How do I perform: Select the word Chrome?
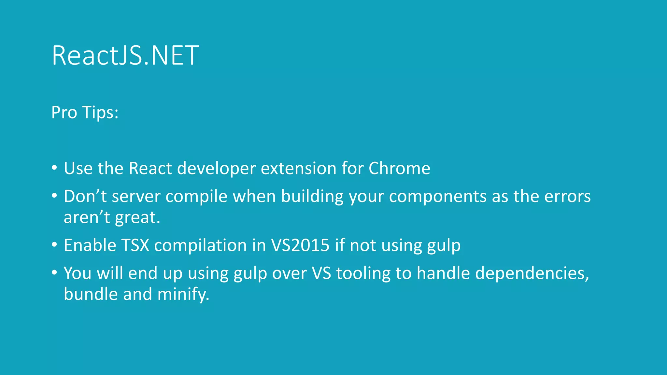click(399, 168)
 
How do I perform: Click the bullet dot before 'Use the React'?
click(54, 168)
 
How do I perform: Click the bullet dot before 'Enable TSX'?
click(54, 245)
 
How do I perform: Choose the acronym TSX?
click(135, 245)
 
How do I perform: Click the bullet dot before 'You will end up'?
click(54, 273)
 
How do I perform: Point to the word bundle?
click(91, 294)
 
